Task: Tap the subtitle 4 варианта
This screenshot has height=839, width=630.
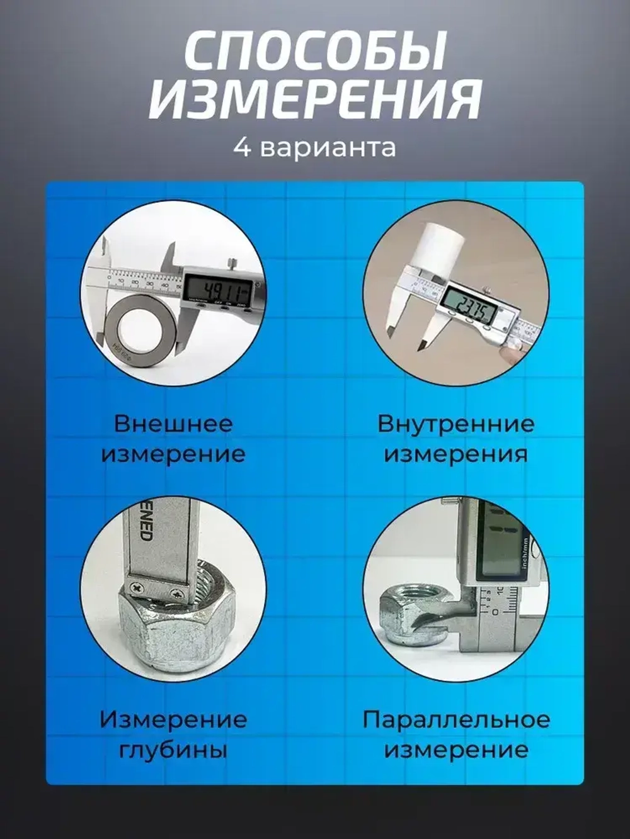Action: pyautogui.click(x=314, y=148)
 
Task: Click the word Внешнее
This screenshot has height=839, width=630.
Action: pyautogui.click(x=173, y=424)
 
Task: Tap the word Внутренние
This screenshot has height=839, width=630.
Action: pyautogui.click(x=455, y=424)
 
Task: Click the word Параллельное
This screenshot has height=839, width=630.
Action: pyautogui.click(x=455, y=719)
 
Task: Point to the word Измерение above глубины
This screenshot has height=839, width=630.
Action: pyautogui.click(x=173, y=719)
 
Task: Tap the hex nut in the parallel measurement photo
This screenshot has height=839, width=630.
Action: pyautogui.click(x=409, y=614)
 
